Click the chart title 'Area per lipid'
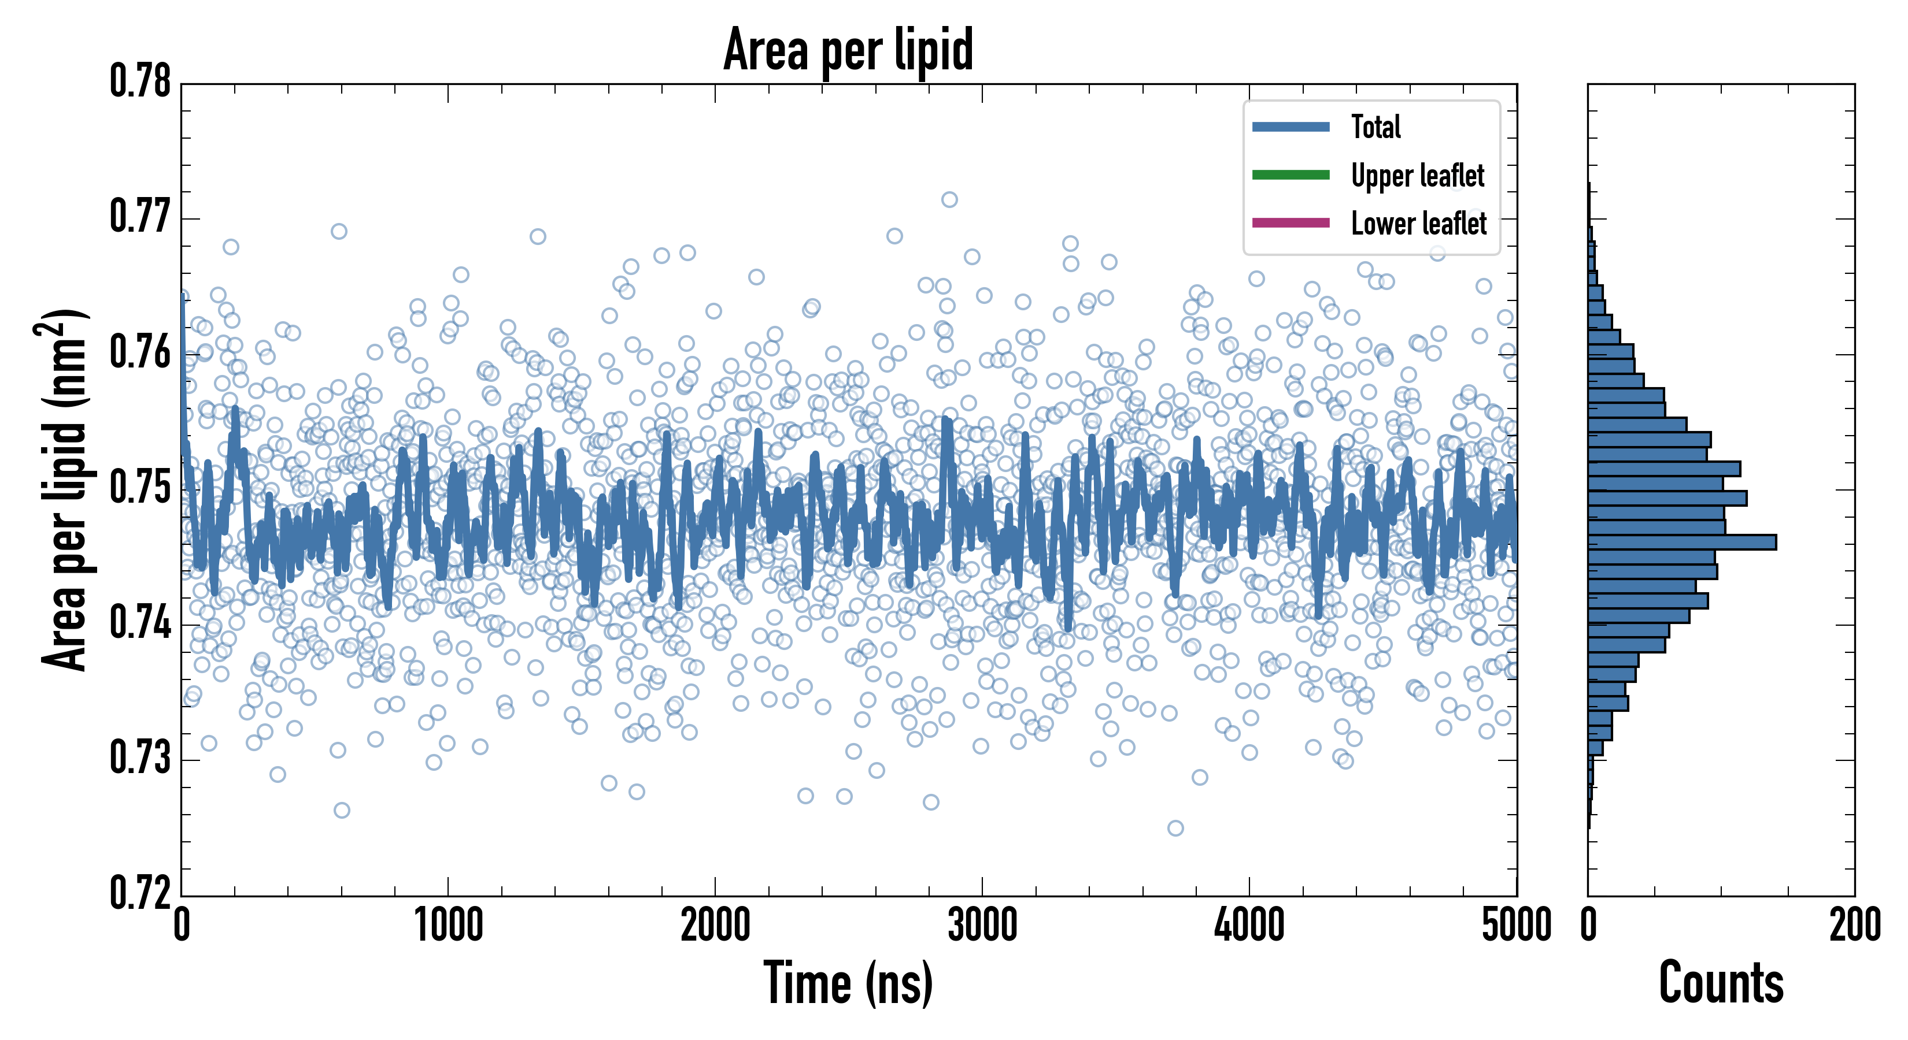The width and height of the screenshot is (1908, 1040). coord(848,50)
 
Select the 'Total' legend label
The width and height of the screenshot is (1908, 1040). coord(1375,127)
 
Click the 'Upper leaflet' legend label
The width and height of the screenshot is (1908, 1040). coord(1417,176)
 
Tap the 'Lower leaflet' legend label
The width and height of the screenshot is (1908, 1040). coord(1418,224)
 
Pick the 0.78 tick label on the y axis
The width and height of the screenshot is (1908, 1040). coord(140,81)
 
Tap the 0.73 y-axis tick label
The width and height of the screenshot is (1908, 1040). coord(140,758)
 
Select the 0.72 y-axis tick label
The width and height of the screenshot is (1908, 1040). coord(140,893)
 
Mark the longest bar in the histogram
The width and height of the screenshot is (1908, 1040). coord(1681,543)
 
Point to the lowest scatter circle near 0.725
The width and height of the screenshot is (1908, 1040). coord(1175,827)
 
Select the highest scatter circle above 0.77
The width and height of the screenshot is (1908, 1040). coord(949,200)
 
